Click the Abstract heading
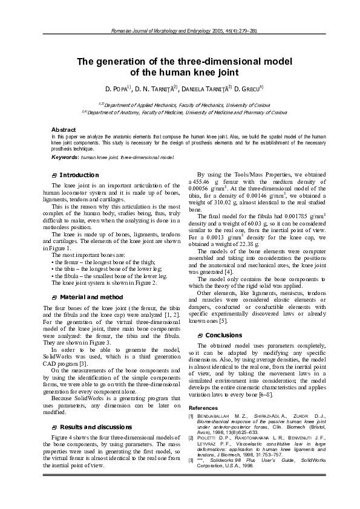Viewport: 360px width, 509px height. [64, 130]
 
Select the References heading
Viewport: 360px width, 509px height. [203, 408]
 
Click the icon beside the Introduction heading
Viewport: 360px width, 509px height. [54, 175]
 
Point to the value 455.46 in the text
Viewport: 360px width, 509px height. [200, 181]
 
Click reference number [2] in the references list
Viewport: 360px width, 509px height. [191, 436]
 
